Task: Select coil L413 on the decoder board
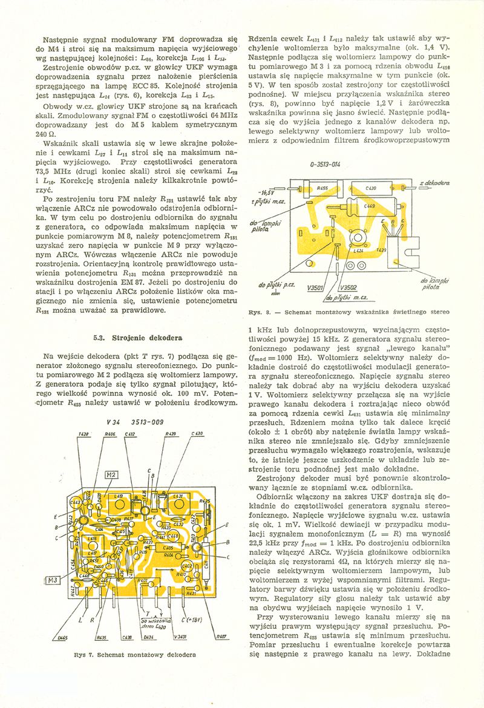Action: click(x=120, y=497)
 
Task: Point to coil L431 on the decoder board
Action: click(x=179, y=497)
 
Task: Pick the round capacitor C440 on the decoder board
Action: click(x=172, y=536)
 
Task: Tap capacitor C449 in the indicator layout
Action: click(x=370, y=206)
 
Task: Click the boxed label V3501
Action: click(x=316, y=287)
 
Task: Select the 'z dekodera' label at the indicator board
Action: click(x=432, y=182)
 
